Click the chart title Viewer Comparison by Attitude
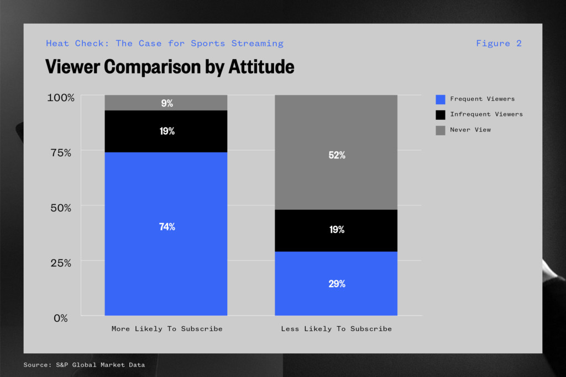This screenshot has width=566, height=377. (170, 67)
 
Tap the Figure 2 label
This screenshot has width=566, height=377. (499, 44)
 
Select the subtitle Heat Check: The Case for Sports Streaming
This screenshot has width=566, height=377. (165, 44)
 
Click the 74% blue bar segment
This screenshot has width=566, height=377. (166, 234)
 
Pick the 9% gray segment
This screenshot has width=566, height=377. (166, 103)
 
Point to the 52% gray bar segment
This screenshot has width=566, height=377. (336, 152)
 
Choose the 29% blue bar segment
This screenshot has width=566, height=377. (336, 284)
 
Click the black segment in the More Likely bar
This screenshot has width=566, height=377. (166, 131)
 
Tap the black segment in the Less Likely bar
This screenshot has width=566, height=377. (336, 231)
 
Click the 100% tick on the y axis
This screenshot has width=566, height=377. (61, 98)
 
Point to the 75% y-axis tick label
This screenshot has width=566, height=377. (61, 153)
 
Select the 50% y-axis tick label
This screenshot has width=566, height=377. (61, 208)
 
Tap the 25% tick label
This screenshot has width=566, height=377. (61, 263)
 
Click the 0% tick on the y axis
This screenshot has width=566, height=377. (61, 318)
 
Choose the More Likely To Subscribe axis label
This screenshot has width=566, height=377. (167, 329)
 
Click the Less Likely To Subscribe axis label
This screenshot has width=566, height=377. (337, 329)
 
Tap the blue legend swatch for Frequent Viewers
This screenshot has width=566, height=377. (441, 99)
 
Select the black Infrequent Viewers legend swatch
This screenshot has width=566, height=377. (441, 115)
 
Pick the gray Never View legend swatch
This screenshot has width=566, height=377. (441, 130)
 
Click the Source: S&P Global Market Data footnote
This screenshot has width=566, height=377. (84, 365)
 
